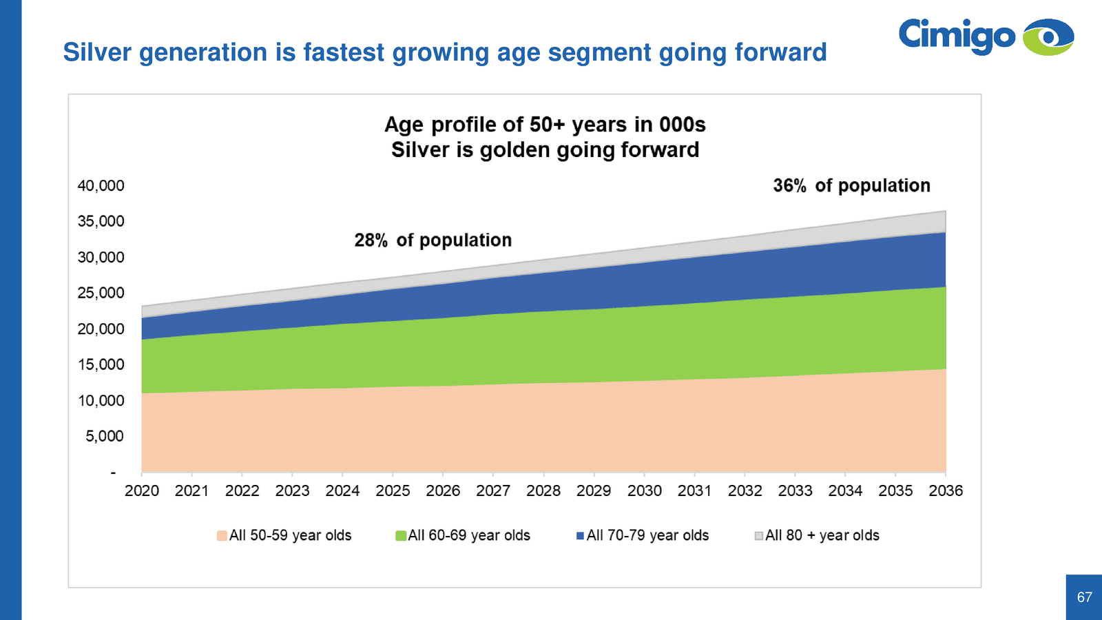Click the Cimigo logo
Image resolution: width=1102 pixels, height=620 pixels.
click(x=985, y=37)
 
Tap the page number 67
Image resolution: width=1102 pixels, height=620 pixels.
click(x=1084, y=597)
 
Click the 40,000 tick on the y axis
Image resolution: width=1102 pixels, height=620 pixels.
click(x=101, y=186)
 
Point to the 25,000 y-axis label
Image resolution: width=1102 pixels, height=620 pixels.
click(x=101, y=293)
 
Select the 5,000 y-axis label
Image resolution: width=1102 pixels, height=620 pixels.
click(x=105, y=437)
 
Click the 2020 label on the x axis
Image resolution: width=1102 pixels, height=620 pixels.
click(x=142, y=491)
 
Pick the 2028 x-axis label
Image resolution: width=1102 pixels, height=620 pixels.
click(x=543, y=491)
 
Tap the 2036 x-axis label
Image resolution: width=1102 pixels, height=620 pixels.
click(x=946, y=491)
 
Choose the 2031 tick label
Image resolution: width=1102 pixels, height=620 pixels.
click(x=694, y=491)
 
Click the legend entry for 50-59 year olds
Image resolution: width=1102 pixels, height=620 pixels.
click(x=284, y=536)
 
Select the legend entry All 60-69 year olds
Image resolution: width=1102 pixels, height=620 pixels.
click(x=463, y=536)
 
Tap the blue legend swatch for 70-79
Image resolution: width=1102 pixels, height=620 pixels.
click(x=581, y=536)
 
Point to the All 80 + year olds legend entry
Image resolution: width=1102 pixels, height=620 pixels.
click(x=817, y=536)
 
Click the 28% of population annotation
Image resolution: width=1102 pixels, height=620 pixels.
click(x=433, y=240)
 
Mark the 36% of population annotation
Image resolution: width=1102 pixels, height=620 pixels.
click(x=851, y=186)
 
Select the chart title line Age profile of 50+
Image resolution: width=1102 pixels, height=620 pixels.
click(x=545, y=125)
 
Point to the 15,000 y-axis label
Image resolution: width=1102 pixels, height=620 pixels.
click(x=101, y=365)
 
